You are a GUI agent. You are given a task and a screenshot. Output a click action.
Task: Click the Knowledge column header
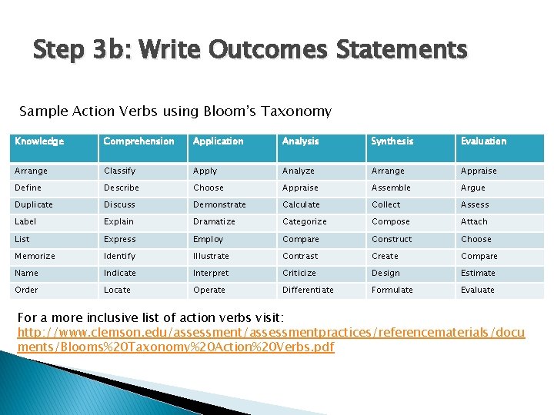click(x=39, y=141)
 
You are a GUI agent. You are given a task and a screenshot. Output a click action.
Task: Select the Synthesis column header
click(x=392, y=141)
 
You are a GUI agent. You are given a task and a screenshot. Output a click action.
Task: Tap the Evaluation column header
click(x=483, y=141)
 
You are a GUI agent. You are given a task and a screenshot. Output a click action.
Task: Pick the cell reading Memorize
click(x=35, y=256)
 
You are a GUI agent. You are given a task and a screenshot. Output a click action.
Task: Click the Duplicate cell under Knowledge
click(x=34, y=205)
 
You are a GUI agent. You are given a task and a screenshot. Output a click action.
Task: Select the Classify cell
click(x=119, y=171)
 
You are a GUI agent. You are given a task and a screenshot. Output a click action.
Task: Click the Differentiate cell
click(x=308, y=290)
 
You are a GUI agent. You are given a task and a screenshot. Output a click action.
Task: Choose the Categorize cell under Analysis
click(x=304, y=222)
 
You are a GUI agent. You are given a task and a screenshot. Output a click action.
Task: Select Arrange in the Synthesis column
click(x=388, y=171)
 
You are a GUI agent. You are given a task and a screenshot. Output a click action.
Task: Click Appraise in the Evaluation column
click(x=479, y=171)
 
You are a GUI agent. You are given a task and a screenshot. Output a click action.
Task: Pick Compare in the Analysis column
click(x=300, y=239)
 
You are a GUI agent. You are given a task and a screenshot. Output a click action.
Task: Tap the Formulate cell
click(x=392, y=290)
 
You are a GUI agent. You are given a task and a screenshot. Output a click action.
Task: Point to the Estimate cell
click(x=478, y=273)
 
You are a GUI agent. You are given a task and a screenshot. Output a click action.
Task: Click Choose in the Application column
click(x=209, y=188)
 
